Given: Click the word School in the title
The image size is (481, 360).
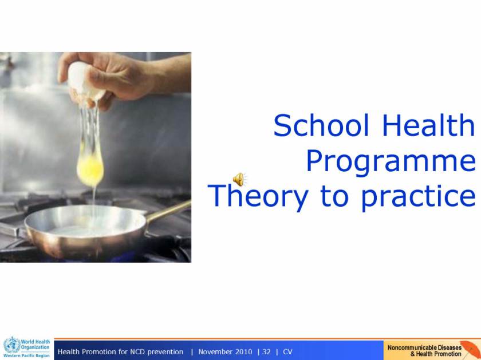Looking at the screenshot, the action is tap(321, 125).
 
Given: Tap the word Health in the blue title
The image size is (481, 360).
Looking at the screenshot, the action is tap(428, 125).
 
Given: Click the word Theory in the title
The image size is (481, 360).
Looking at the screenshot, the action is tap(258, 197).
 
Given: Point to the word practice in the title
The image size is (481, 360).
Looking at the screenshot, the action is tap(419, 197).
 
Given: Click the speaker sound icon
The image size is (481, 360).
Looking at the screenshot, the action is tap(239, 179).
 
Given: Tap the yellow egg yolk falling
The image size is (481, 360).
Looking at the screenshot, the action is tap(90, 169).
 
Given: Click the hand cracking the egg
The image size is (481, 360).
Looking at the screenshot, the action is tap(123, 77).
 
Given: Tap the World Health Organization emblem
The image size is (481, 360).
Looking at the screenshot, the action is tap(12, 345).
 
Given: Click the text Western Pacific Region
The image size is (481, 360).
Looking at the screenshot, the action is tap(27, 355).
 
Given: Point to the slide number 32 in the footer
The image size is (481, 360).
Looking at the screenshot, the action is tap(267, 352).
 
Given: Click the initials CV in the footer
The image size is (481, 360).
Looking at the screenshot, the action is tap(287, 352).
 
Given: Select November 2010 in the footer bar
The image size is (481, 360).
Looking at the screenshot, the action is tap(225, 352).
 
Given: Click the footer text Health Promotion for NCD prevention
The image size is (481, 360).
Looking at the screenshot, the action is tap(121, 352).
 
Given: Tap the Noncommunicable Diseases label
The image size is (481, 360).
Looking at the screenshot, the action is tap(424, 348).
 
